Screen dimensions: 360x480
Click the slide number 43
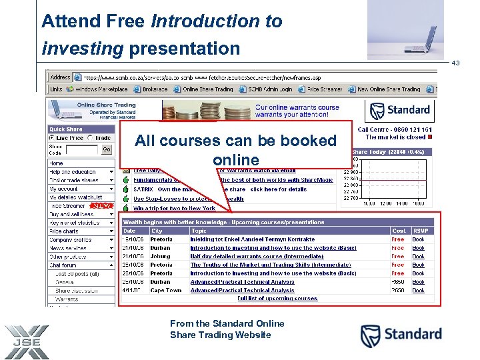pyautogui.click(x=456, y=63)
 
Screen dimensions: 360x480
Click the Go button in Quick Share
pyautogui.click(x=106, y=149)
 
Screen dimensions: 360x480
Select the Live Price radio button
pyautogui.click(x=52, y=138)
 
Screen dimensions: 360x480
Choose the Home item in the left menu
pyautogui.click(x=57, y=163)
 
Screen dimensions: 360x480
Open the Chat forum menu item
pyautogui.click(x=63, y=265)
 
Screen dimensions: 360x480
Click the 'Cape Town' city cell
pyautogui.click(x=166, y=291)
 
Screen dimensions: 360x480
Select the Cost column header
pyautogui.click(x=399, y=231)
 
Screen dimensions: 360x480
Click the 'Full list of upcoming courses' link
pyautogui.click(x=277, y=299)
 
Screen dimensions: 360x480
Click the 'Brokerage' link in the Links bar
pyautogui.click(x=155, y=89)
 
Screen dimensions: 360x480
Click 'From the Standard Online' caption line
pyautogui.click(x=227, y=323)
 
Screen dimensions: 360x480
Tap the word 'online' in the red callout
pyautogui.click(x=236, y=160)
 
